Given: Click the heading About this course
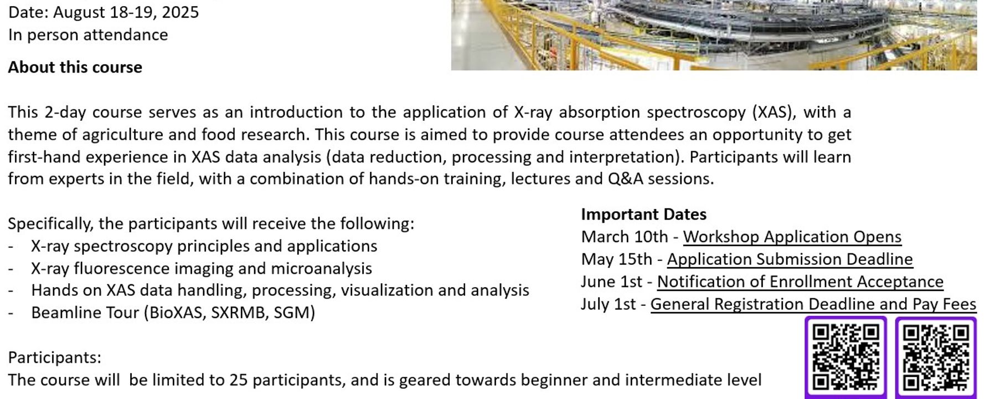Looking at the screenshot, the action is pos(75,68).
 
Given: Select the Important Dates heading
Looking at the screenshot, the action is pos(643,214).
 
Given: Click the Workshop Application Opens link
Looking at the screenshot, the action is pos(792,237).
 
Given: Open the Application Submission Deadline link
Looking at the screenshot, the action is pos(790,259).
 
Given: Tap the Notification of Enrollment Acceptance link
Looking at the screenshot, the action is pos(800,282).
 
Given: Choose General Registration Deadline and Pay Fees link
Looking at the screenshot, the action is pos(813,304).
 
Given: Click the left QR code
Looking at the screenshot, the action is pos(845,357).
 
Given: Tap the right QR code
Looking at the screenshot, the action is pos(936,357).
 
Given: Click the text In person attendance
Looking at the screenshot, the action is pos(88,35).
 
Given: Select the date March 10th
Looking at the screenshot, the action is pos(625,237).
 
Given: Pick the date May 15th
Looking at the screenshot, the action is pos(616,259).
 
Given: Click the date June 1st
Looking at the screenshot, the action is pos(612,282).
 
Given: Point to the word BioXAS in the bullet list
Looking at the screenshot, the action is pos(172,313).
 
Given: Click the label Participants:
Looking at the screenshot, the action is pos(55,358).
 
